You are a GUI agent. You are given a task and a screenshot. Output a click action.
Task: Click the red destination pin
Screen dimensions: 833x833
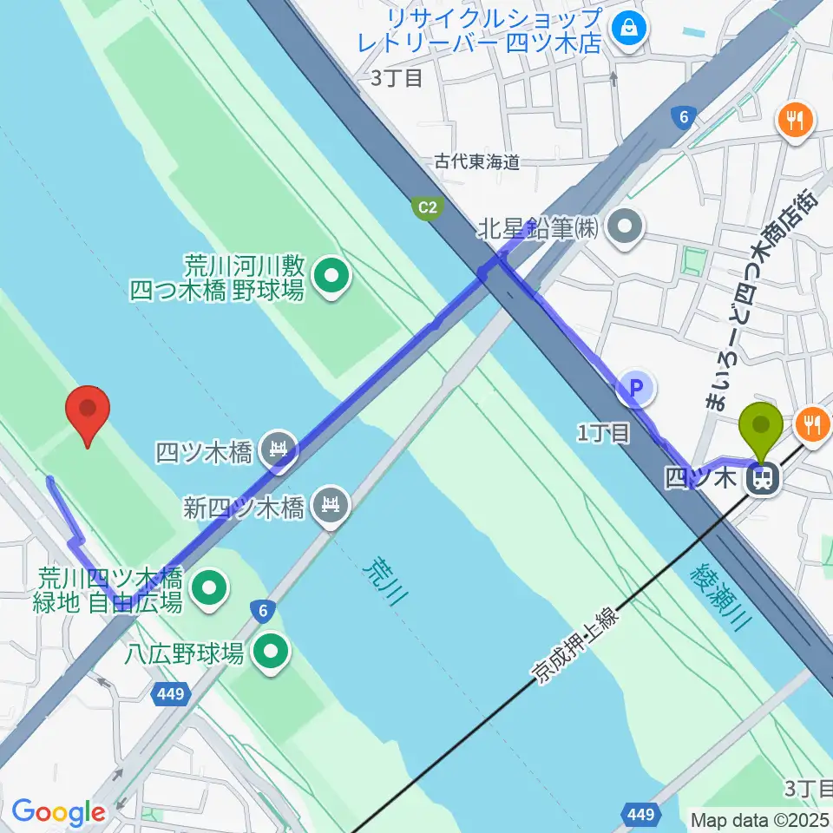pos(88,415)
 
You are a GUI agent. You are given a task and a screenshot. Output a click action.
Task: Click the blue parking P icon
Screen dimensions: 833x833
pos(636,388)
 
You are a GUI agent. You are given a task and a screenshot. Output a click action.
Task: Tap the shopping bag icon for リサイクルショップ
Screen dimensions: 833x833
pos(625,30)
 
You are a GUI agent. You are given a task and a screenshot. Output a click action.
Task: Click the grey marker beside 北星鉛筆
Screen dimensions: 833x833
pos(625,228)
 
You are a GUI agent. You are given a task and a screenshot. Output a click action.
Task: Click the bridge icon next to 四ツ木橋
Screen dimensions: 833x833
pos(278,449)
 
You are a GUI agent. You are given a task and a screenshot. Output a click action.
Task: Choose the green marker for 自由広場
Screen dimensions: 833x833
pos(209,589)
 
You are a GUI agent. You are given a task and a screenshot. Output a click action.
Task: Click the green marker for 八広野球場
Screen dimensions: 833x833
pos(271,653)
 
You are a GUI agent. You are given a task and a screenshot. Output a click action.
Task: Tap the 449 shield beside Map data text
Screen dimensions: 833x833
pos(640,814)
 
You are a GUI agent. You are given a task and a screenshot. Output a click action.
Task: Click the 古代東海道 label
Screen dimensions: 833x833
pos(476,161)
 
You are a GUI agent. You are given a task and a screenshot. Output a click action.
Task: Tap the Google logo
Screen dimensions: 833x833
pos(58,812)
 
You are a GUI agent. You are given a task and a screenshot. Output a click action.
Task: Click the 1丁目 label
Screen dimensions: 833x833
pos(603,433)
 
